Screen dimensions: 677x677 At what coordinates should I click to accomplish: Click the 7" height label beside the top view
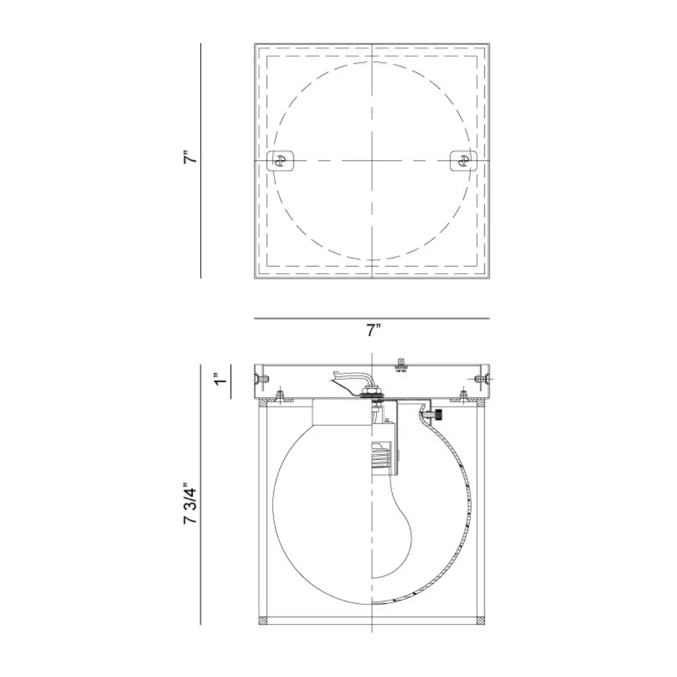point(191,157)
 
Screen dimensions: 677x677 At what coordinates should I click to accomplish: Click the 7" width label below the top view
point(373,331)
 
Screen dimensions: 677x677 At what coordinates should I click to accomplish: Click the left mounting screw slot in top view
point(281,160)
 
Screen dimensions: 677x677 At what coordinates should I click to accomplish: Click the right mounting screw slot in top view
point(464,160)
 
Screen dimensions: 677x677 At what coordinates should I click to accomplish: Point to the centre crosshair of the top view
point(372,160)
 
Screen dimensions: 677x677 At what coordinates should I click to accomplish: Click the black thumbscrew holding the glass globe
point(439,415)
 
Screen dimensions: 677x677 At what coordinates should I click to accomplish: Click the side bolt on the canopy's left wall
point(261,379)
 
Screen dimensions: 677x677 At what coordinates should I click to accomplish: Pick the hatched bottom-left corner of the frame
point(263,621)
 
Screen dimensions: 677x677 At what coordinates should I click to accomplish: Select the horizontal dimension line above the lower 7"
point(372,318)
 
